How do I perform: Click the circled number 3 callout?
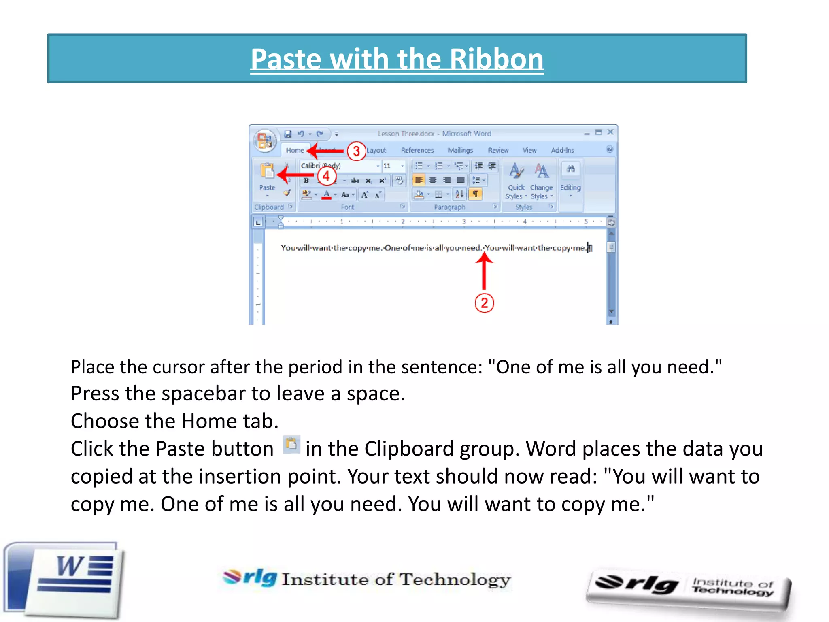tap(356, 151)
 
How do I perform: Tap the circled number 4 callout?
tap(326, 176)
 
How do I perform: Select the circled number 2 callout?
tap(484, 303)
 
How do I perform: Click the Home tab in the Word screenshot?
tap(295, 150)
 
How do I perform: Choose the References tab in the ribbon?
tap(417, 150)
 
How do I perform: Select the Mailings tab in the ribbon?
tap(460, 150)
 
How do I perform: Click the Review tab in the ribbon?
tap(498, 150)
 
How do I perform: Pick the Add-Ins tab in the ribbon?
tap(562, 150)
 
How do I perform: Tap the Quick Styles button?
tap(516, 180)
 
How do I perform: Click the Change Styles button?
tap(542, 180)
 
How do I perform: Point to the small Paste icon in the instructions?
tap(291, 445)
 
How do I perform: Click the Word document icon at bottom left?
tap(65, 579)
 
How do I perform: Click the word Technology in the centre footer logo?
tap(455, 579)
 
